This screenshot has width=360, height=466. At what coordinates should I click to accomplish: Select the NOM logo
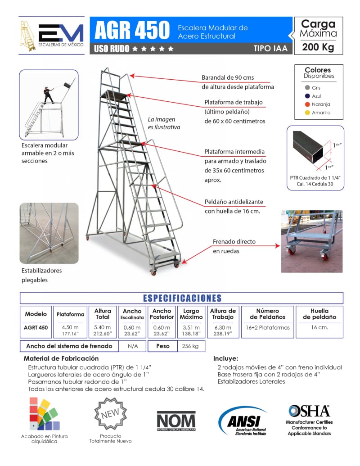[x=176, y=421]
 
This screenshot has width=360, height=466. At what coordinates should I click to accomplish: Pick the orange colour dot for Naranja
[x=307, y=104]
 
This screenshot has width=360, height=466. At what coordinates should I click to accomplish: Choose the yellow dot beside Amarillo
[x=307, y=113]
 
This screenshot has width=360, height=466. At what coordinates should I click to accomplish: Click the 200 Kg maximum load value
[x=318, y=47]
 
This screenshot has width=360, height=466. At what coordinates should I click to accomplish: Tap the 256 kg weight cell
[x=189, y=346]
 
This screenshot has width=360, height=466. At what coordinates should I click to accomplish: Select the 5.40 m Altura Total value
[x=103, y=327]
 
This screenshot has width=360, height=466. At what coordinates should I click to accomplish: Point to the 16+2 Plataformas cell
[x=267, y=327]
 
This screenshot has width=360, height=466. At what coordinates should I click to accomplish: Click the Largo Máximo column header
[x=191, y=314]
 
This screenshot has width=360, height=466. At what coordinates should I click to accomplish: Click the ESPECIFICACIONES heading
[x=182, y=298]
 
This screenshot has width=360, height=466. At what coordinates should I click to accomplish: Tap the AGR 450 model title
[x=131, y=30]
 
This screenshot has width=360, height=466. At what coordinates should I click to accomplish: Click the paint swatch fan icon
[x=44, y=414]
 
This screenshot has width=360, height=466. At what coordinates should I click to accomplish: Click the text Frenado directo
[x=234, y=242]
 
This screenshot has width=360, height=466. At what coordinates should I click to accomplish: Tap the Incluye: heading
[x=225, y=359]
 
